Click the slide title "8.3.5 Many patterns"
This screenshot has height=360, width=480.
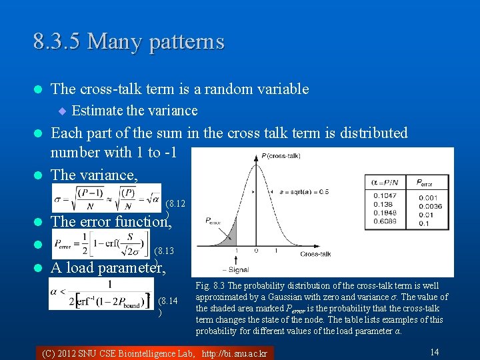[129, 42]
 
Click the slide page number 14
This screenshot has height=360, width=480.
[434, 351]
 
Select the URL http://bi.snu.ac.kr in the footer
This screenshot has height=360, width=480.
[234, 353]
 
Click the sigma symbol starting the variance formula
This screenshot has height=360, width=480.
[58, 199]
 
